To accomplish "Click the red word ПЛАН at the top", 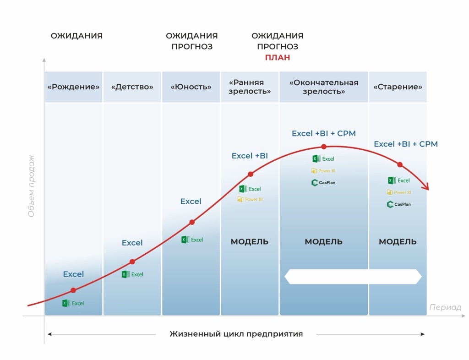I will [x=278, y=58].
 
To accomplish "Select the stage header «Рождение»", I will [x=74, y=87].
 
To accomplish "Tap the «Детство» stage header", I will [x=132, y=87].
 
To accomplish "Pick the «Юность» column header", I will [x=191, y=87].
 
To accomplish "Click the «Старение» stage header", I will [x=398, y=87].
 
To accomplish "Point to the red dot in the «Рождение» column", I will [x=73, y=290].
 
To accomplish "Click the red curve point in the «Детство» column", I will [x=132, y=262].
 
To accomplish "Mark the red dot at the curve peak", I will [x=324, y=147].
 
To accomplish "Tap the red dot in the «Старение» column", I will [x=400, y=164].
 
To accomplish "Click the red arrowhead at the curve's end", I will [x=426, y=187].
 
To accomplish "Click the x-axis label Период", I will [x=445, y=307].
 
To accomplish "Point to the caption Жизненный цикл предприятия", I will [x=236, y=334].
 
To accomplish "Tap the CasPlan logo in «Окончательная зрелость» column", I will [x=324, y=183].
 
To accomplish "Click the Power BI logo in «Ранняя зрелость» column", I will [x=250, y=199].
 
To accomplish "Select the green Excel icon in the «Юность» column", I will [x=185, y=240].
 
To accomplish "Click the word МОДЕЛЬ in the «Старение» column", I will [x=398, y=242].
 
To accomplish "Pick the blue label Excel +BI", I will [x=250, y=156].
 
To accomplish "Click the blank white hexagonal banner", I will [x=353, y=277].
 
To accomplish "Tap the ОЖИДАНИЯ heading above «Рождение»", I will [x=76, y=36].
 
